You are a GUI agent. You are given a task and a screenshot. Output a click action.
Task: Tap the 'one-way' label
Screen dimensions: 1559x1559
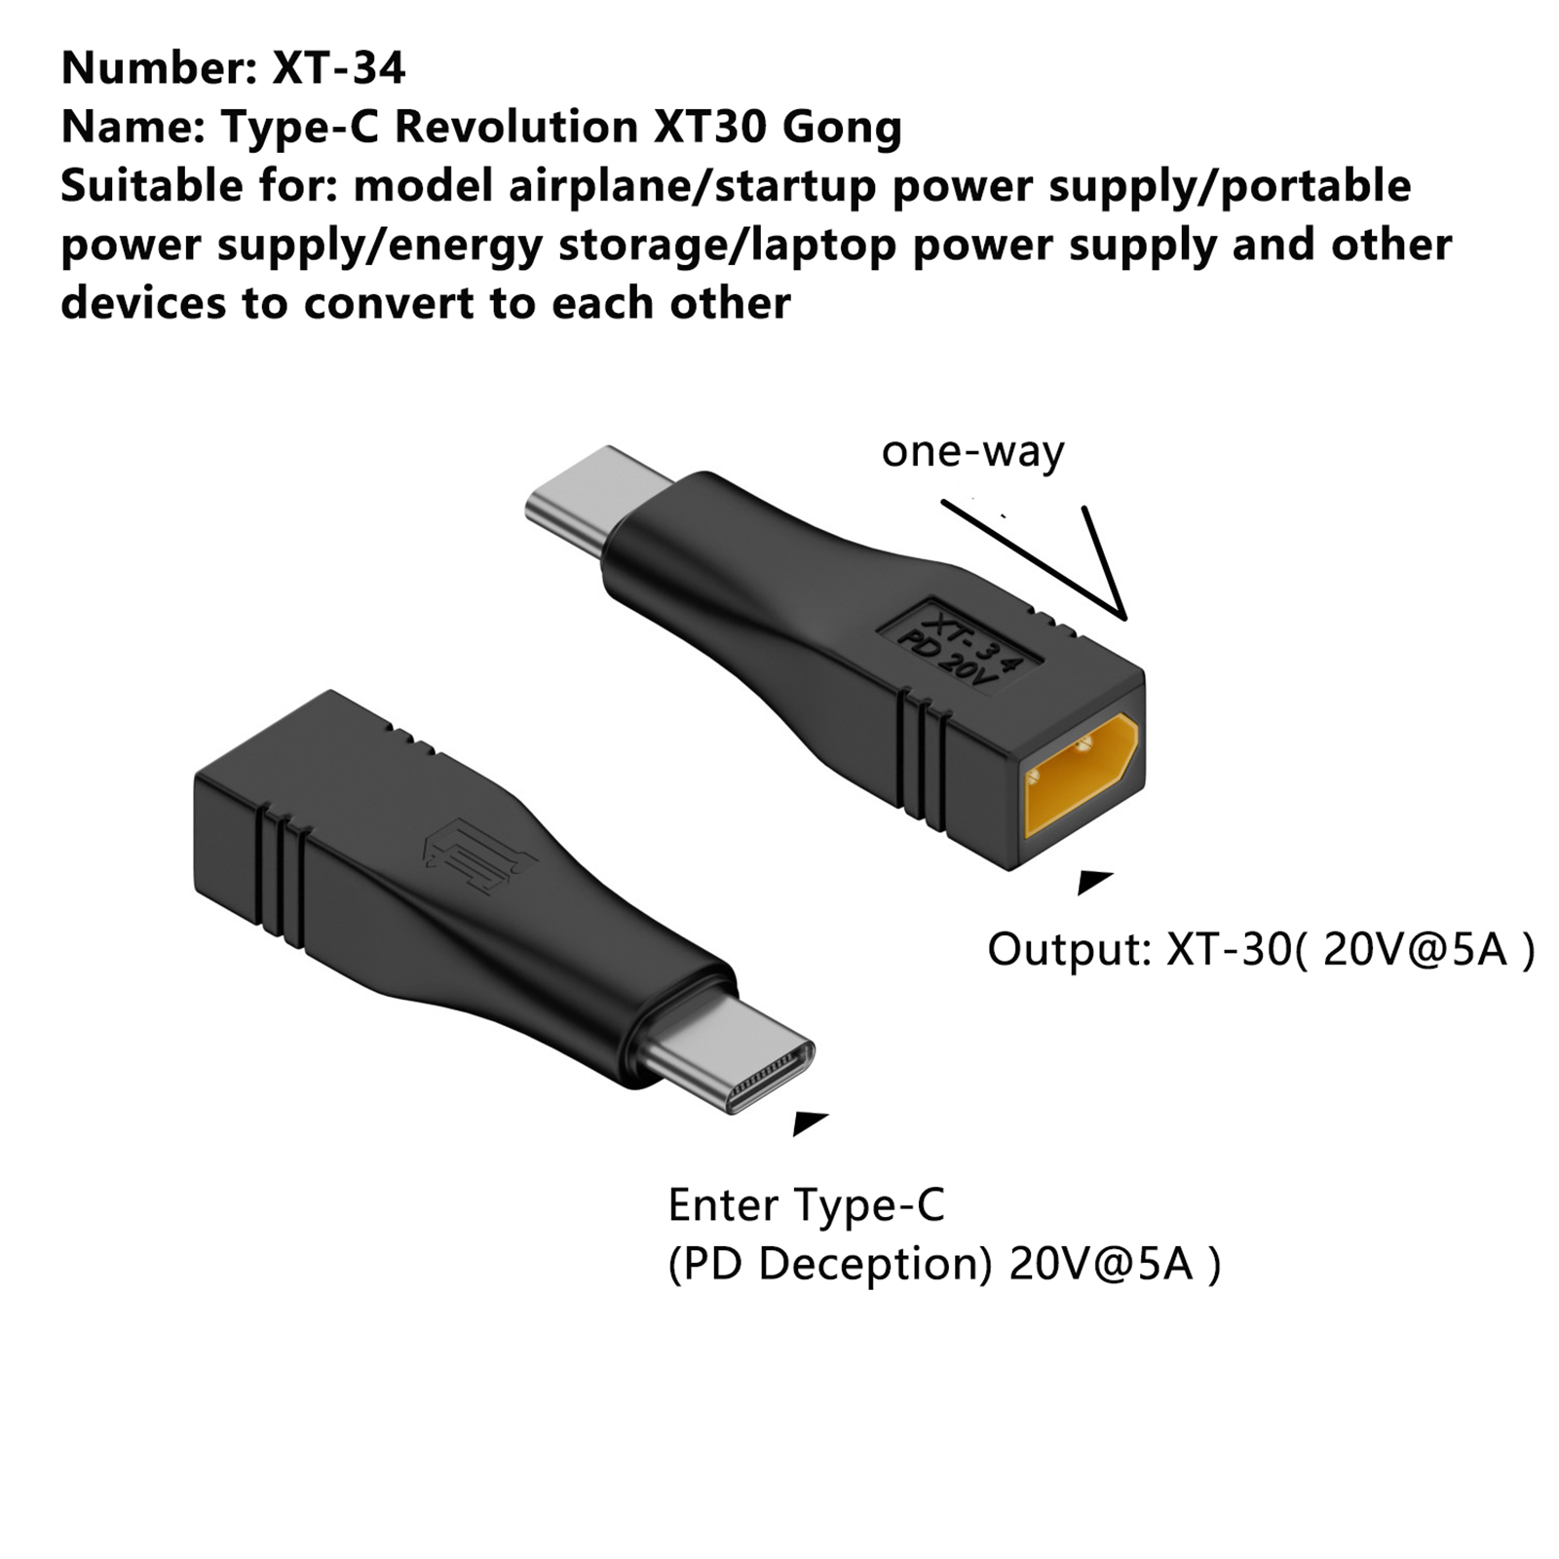point(972,452)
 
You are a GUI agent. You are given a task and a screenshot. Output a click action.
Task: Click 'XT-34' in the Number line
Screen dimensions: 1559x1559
point(338,68)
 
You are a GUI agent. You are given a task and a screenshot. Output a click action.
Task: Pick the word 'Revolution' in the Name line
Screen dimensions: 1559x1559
point(515,127)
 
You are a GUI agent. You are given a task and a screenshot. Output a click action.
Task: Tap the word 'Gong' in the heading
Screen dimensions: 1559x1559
point(843,127)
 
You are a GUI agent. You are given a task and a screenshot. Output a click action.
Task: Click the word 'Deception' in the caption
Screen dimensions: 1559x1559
point(873,1264)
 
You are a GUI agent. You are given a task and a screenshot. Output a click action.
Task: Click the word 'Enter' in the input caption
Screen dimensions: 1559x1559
point(722,1205)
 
